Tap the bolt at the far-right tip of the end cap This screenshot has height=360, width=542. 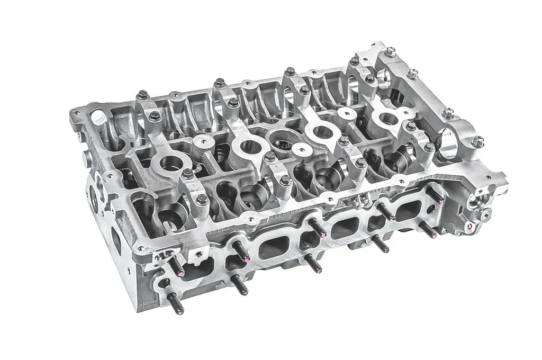pyautogui.click(x=477, y=141)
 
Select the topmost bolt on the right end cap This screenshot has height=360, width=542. pyautogui.click(x=390, y=52)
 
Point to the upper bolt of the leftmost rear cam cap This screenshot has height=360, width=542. pyautogui.click(x=142, y=96)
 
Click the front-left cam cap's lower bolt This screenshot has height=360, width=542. pyautogui.click(x=202, y=200)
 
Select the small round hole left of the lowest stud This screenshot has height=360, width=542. pyautogui.click(x=164, y=283)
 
